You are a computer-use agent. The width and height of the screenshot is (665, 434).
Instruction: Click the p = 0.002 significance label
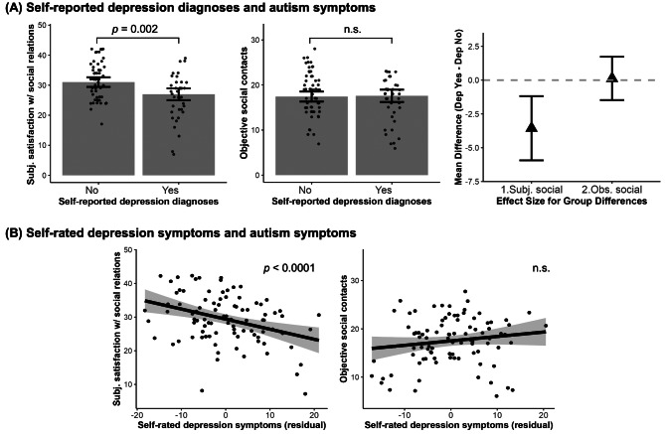click(134, 29)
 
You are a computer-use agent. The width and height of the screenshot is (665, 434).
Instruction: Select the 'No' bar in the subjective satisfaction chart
click(98, 128)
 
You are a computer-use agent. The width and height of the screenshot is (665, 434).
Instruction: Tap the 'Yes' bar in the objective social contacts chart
click(392, 135)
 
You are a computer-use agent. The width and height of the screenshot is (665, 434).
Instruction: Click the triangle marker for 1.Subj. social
click(532, 126)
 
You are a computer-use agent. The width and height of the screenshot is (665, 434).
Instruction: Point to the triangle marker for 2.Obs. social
click(611, 76)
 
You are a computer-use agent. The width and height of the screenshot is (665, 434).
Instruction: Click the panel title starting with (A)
click(190, 7)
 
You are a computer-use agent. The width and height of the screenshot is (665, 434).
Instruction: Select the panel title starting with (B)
click(180, 232)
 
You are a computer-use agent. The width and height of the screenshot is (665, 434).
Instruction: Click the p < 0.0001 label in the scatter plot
click(289, 268)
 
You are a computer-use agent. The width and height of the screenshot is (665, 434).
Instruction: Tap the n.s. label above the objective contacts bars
click(352, 29)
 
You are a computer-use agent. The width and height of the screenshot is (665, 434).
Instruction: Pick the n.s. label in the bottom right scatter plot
click(541, 268)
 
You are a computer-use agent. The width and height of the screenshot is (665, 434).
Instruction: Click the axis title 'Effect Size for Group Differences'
click(572, 201)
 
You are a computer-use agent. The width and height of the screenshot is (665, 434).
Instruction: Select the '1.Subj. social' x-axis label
click(532, 190)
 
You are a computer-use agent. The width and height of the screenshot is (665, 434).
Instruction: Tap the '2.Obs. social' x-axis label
click(611, 190)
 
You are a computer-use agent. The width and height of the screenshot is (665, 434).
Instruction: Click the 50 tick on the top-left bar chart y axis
click(42, 25)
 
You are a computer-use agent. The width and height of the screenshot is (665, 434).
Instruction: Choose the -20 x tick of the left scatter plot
click(136, 414)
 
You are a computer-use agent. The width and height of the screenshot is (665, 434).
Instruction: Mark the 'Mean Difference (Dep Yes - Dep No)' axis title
click(458, 107)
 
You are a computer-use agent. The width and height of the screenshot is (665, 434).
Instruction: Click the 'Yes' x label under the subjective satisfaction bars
click(170, 190)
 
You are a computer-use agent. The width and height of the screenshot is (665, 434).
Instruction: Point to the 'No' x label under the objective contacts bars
click(304, 190)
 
